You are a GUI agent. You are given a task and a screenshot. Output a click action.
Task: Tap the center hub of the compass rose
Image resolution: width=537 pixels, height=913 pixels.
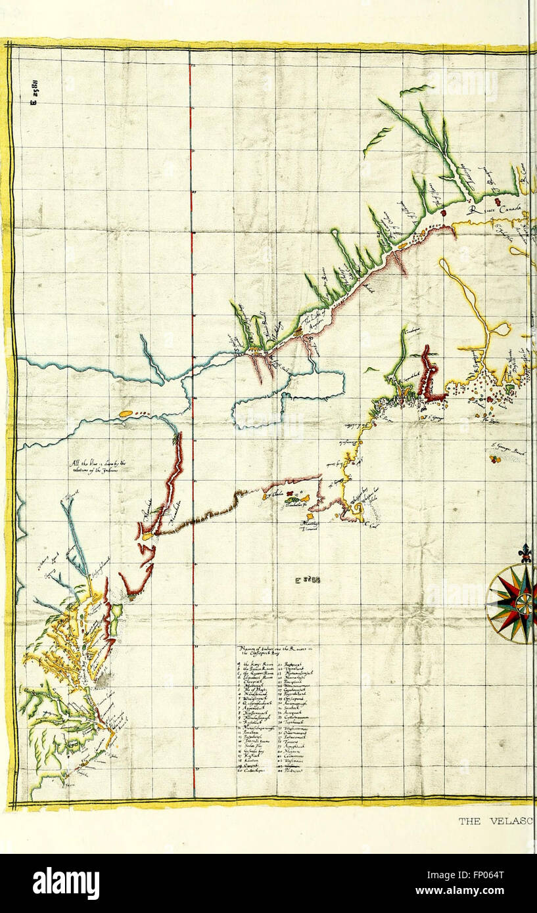click(524, 603)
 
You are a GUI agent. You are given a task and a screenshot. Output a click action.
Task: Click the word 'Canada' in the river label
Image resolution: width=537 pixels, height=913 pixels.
click(509, 209)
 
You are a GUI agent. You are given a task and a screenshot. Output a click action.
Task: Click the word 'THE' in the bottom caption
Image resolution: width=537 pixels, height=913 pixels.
click(471, 821)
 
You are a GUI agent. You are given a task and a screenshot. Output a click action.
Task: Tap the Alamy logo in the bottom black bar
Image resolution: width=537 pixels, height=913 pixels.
click(66, 883)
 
